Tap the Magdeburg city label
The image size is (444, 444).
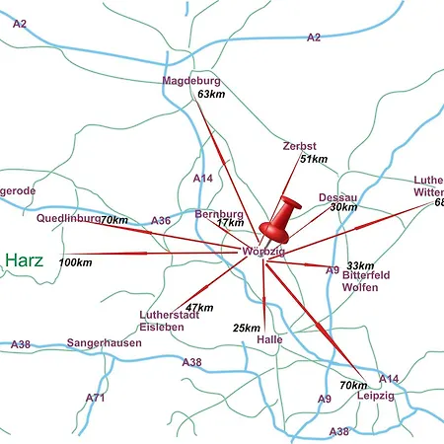[191, 81]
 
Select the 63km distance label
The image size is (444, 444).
[211, 94]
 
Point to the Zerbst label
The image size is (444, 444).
[299, 146]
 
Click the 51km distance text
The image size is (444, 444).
[313, 159]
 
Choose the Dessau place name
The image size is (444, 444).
[337, 197]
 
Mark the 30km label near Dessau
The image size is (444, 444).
[343, 208]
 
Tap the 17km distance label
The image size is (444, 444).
[230, 224]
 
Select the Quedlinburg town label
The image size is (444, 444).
[68, 218]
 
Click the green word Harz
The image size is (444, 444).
[25, 260]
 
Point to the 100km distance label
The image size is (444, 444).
[76, 262]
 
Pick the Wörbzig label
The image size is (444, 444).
[262, 253]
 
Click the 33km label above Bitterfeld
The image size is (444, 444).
[360, 265]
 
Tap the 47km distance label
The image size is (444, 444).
[198, 308]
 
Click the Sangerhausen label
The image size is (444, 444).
[104, 343]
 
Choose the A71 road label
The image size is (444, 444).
[95, 398]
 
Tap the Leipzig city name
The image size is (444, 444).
[376, 395]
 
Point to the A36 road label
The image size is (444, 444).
[161, 221]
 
